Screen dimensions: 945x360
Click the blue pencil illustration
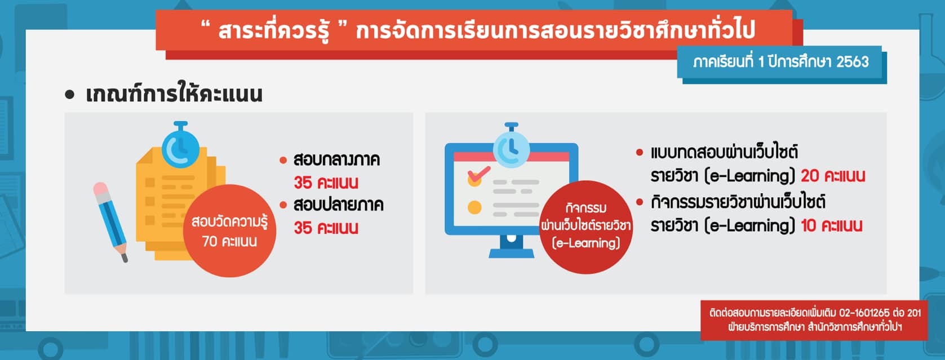click(x=110, y=222)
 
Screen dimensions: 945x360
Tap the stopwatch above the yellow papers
click(x=180, y=145)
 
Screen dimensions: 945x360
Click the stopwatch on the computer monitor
click(x=511, y=146)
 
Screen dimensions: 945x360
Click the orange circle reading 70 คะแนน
click(x=229, y=230)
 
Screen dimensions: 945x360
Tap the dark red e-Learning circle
click(x=585, y=227)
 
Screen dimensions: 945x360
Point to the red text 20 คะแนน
click(x=833, y=176)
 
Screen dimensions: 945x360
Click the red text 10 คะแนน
click(x=832, y=225)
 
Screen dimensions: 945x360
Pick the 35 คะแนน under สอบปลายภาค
click(x=326, y=228)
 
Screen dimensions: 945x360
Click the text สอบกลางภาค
click(x=336, y=160)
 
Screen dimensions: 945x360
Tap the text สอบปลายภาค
click(x=338, y=205)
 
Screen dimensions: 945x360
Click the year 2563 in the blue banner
click(x=853, y=62)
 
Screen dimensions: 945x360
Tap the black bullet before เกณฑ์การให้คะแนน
click(x=70, y=95)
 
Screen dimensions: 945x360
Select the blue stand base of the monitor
click(x=511, y=248)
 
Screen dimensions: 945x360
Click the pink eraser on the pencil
click(x=101, y=189)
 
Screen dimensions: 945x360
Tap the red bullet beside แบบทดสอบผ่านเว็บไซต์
click(x=640, y=152)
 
